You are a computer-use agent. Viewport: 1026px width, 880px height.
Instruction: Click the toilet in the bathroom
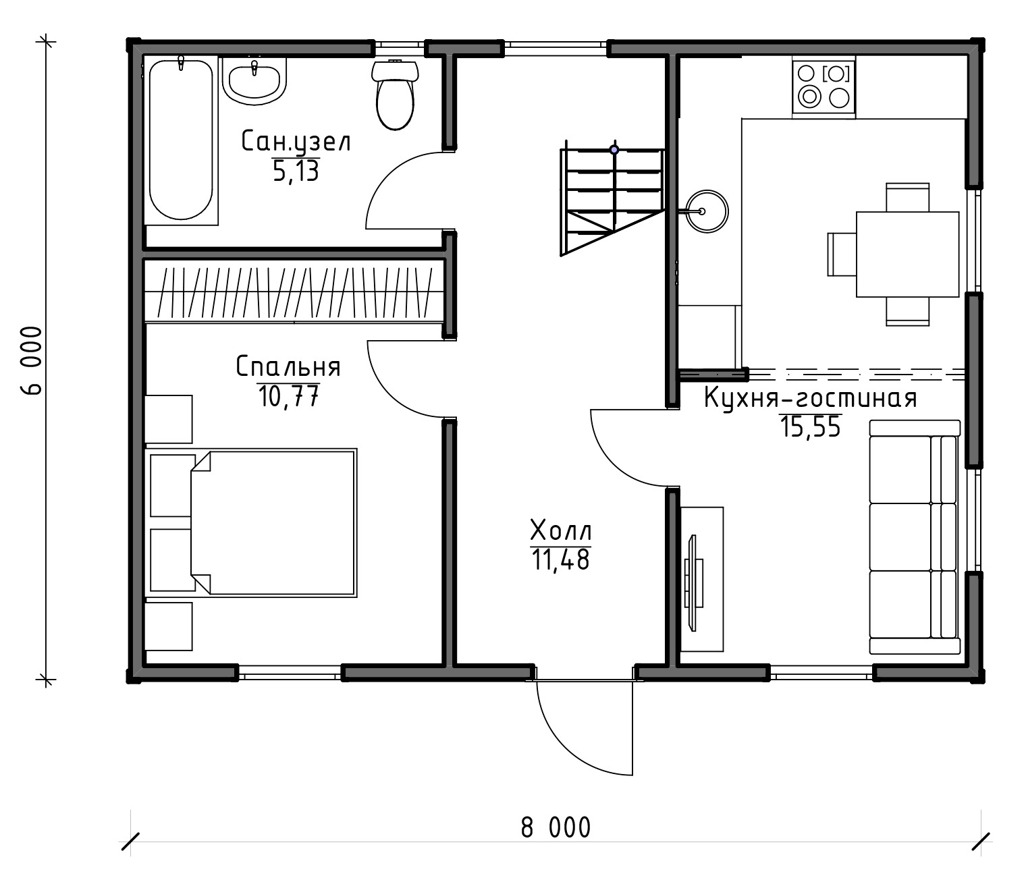[395, 95]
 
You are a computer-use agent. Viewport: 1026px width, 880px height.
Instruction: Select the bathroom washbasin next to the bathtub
[254, 81]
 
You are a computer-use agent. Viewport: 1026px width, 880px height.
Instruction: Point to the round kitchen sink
[707, 211]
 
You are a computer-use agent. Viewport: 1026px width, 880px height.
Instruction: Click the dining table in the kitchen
[907, 254]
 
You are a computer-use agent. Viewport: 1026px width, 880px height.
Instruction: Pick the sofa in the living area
[915, 538]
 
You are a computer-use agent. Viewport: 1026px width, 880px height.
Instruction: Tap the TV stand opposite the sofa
[701, 579]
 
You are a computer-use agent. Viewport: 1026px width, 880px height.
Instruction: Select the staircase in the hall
[612, 201]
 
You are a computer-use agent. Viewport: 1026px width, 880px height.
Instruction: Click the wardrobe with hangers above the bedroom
[294, 292]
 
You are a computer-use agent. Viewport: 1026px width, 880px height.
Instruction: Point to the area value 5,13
[296, 171]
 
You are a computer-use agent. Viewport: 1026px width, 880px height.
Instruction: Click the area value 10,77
[288, 396]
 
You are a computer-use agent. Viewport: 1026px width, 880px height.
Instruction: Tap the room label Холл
[561, 530]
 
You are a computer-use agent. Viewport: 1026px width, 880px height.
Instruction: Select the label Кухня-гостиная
[811, 398]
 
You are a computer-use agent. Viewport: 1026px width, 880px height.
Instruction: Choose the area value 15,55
[811, 427]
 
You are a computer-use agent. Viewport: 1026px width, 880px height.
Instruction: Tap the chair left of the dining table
[841, 254]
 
